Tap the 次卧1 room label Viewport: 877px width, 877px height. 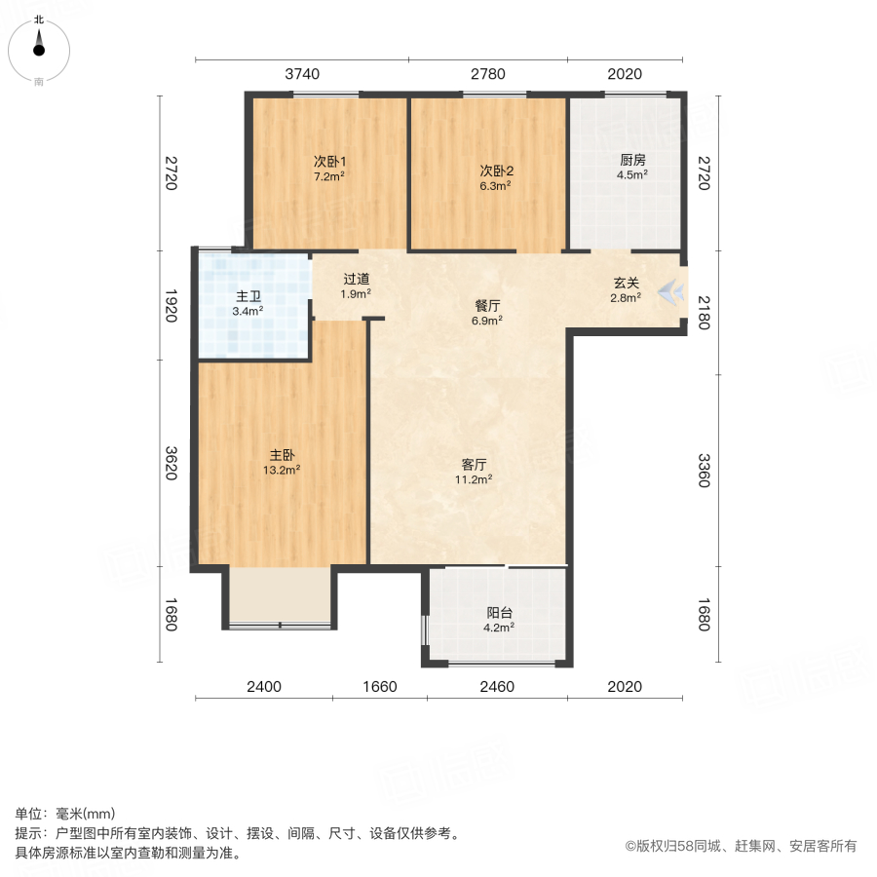[x=329, y=162]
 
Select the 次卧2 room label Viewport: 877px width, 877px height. [x=496, y=171]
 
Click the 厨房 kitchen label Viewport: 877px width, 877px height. [x=632, y=160]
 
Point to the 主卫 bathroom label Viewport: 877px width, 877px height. [x=248, y=296]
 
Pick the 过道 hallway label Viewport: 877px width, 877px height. [x=357, y=279]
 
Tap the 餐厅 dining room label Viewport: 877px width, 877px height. [x=487, y=305]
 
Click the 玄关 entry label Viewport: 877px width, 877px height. [x=626, y=283]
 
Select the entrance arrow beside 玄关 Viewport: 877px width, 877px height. [x=670, y=292]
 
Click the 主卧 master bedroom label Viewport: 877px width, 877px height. [x=282, y=455]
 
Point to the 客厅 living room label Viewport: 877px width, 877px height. [x=474, y=464]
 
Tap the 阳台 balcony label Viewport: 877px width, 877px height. [x=500, y=613]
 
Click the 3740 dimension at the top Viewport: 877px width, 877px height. [x=302, y=74]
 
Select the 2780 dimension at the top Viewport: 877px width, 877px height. [x=488, y=74]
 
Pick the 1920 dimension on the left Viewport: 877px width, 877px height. [x=172, y=305]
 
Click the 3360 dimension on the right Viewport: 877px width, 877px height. [x=704, y=471]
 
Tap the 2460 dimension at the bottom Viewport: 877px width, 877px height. [x=497, y=686]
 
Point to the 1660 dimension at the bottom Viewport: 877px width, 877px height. [x=380, y=686]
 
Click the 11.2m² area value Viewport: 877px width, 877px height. [x=474, y=479]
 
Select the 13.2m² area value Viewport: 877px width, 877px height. [x=282, y=470]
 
